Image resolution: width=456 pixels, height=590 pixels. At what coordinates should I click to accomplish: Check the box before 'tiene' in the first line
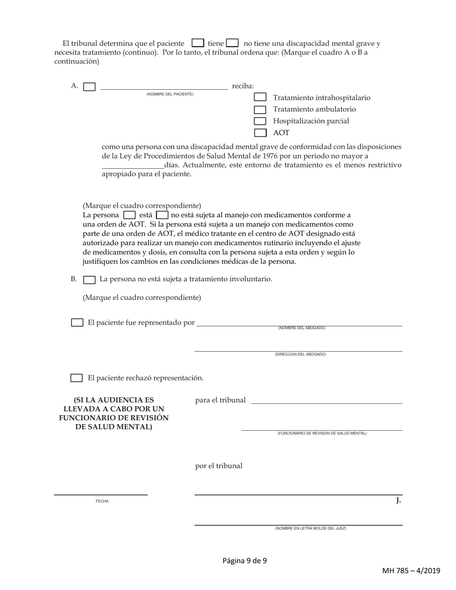click(x=198, y=43)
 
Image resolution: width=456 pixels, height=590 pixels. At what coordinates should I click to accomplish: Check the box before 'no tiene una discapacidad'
click(x=232, y=43)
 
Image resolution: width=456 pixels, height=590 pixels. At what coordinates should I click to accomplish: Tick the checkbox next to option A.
click(x=89, y=87)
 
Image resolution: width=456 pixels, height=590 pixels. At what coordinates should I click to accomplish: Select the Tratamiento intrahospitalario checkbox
click(x=260, y=97)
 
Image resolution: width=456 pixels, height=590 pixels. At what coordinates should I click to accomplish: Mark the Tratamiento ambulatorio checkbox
click(x=260, y=109)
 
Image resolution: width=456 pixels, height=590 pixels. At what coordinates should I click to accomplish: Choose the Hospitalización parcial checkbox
click(x=260, y=121)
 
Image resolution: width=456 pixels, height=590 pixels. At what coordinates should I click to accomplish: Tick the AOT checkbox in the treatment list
click(x=260, y=132)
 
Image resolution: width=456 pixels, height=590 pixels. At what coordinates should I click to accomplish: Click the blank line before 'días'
click(x=132, y=165)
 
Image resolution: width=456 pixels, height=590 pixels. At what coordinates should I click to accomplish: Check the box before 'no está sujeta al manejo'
click(x=162, y=215)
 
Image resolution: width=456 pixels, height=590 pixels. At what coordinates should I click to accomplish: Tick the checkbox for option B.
click(x=89, y=279)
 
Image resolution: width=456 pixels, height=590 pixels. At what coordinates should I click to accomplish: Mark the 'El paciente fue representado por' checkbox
click(x=77, y=323)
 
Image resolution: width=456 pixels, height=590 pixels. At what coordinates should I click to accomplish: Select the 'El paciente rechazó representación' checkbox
click(x=77, y=378)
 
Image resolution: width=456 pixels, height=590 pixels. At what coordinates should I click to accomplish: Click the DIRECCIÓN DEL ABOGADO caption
click(x=300, y=354)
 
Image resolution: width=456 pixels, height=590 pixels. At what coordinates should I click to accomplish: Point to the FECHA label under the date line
click(x=102, y=501)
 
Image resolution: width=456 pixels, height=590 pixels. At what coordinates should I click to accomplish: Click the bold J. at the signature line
click(x=398, y=501)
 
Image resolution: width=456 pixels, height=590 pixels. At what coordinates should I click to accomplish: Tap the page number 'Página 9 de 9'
click(x=245, y=560)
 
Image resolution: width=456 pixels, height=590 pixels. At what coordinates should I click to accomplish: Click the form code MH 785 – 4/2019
click(x=411, y=570)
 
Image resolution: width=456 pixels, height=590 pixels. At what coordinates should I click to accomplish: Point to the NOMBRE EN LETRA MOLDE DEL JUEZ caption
click(x=311, y=528)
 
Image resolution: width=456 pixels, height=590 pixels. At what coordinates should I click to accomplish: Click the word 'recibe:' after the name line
click(x=243, y=86)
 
